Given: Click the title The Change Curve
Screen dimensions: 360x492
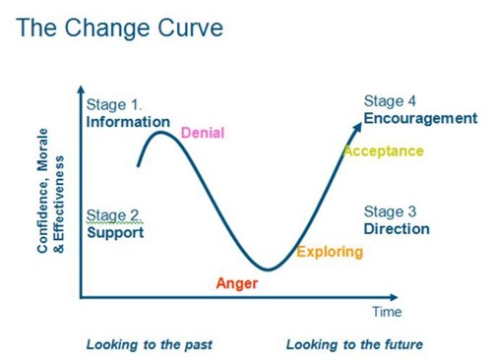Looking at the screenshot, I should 119,28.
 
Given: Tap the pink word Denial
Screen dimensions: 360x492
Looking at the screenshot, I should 203,133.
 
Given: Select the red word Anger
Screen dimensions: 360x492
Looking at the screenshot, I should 236,283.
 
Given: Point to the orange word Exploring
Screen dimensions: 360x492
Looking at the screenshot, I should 330,252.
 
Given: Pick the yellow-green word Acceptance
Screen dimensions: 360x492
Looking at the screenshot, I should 383,151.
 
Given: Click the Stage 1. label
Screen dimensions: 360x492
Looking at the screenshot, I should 114,105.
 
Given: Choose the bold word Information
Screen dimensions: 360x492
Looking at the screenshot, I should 128,122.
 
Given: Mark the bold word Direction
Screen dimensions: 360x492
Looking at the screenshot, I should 397,229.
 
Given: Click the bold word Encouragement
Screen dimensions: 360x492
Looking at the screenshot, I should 420,118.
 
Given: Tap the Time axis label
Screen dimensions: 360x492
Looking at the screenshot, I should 387,313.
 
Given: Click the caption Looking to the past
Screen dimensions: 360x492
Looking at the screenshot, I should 150,344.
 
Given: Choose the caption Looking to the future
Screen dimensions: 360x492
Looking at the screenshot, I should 354,344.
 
